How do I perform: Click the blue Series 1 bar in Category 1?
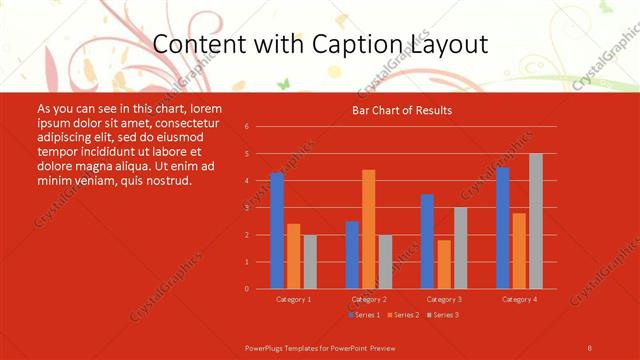tap(277, 231)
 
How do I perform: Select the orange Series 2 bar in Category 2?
tap(368, 229)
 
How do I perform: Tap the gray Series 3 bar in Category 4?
tap(535, 221)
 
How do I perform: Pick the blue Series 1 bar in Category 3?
tap(427, 241)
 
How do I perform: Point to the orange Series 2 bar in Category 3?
tap(443, 264)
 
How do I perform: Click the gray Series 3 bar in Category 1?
tap(310, 261)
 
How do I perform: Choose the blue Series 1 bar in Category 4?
tap(502, 228)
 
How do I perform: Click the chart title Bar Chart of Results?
tap(402, 110)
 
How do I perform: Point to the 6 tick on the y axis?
tap(246, 127)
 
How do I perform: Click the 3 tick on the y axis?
tap(246, 208)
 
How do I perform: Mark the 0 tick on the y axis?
tap(246, 289)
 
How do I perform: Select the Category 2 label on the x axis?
tap(368, 299)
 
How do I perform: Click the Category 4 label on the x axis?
tap(518, 299)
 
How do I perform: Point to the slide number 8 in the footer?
tap(589, 347)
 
